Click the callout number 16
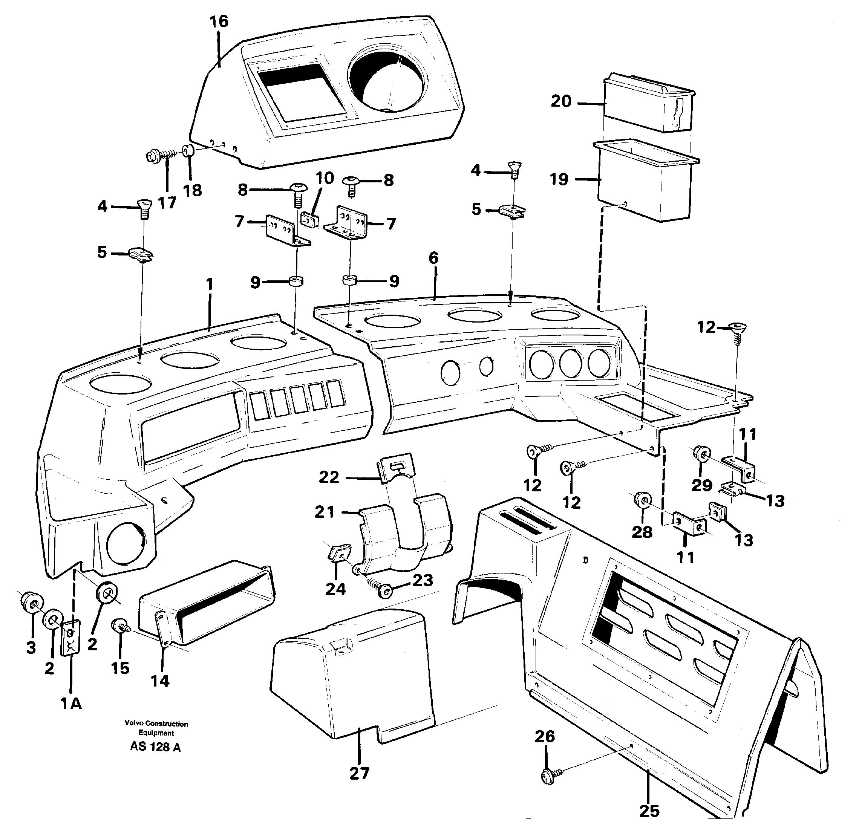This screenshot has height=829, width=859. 219,21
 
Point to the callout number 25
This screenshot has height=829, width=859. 649,811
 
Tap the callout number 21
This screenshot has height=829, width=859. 324,512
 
